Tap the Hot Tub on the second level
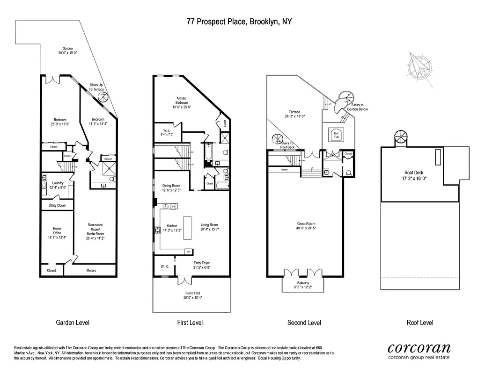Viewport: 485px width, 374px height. (x=336, y=134)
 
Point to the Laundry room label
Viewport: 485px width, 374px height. (x=58, y=183)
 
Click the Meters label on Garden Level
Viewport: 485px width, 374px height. (x=92, y=270)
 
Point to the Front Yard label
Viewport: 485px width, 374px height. (x=192, y=293)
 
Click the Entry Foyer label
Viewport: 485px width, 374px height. (x=202, y=263)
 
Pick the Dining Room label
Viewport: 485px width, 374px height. (x=171, y=186)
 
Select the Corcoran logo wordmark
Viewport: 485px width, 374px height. (x=419, y=347)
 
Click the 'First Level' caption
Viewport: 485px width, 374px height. (x=190, y=323)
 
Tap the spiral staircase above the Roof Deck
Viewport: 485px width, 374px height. (x=401, y=138)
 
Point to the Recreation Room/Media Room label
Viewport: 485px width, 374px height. (x=95, y=229)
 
